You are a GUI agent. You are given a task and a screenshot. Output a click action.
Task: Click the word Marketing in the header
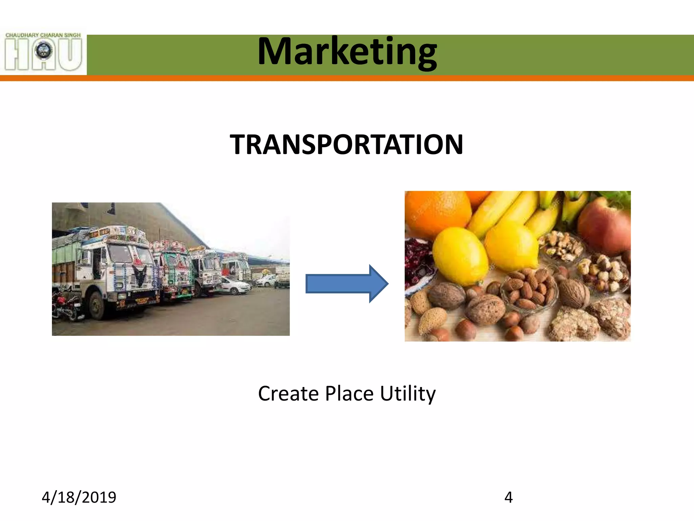tap(347, 52)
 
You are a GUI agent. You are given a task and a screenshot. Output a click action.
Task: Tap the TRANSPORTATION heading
tap(346, 144)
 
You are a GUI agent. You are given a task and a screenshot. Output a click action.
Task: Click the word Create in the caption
tap(288, 394)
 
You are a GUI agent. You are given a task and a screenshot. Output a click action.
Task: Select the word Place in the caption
tap(349, 394)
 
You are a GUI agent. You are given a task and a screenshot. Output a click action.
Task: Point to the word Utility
tap(408, 394)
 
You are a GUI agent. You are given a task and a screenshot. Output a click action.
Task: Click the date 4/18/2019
tap(79, 497)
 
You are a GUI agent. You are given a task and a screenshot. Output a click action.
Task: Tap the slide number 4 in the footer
tap(508, 497)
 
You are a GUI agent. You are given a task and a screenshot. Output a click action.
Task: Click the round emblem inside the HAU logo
tap(43, 51)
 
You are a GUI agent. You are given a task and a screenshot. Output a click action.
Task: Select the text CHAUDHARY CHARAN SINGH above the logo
tap(43, 35)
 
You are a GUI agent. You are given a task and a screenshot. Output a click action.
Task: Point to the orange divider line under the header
tap(347, 78)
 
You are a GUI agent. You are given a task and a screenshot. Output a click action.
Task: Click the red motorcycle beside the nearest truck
tap(64, 307)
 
